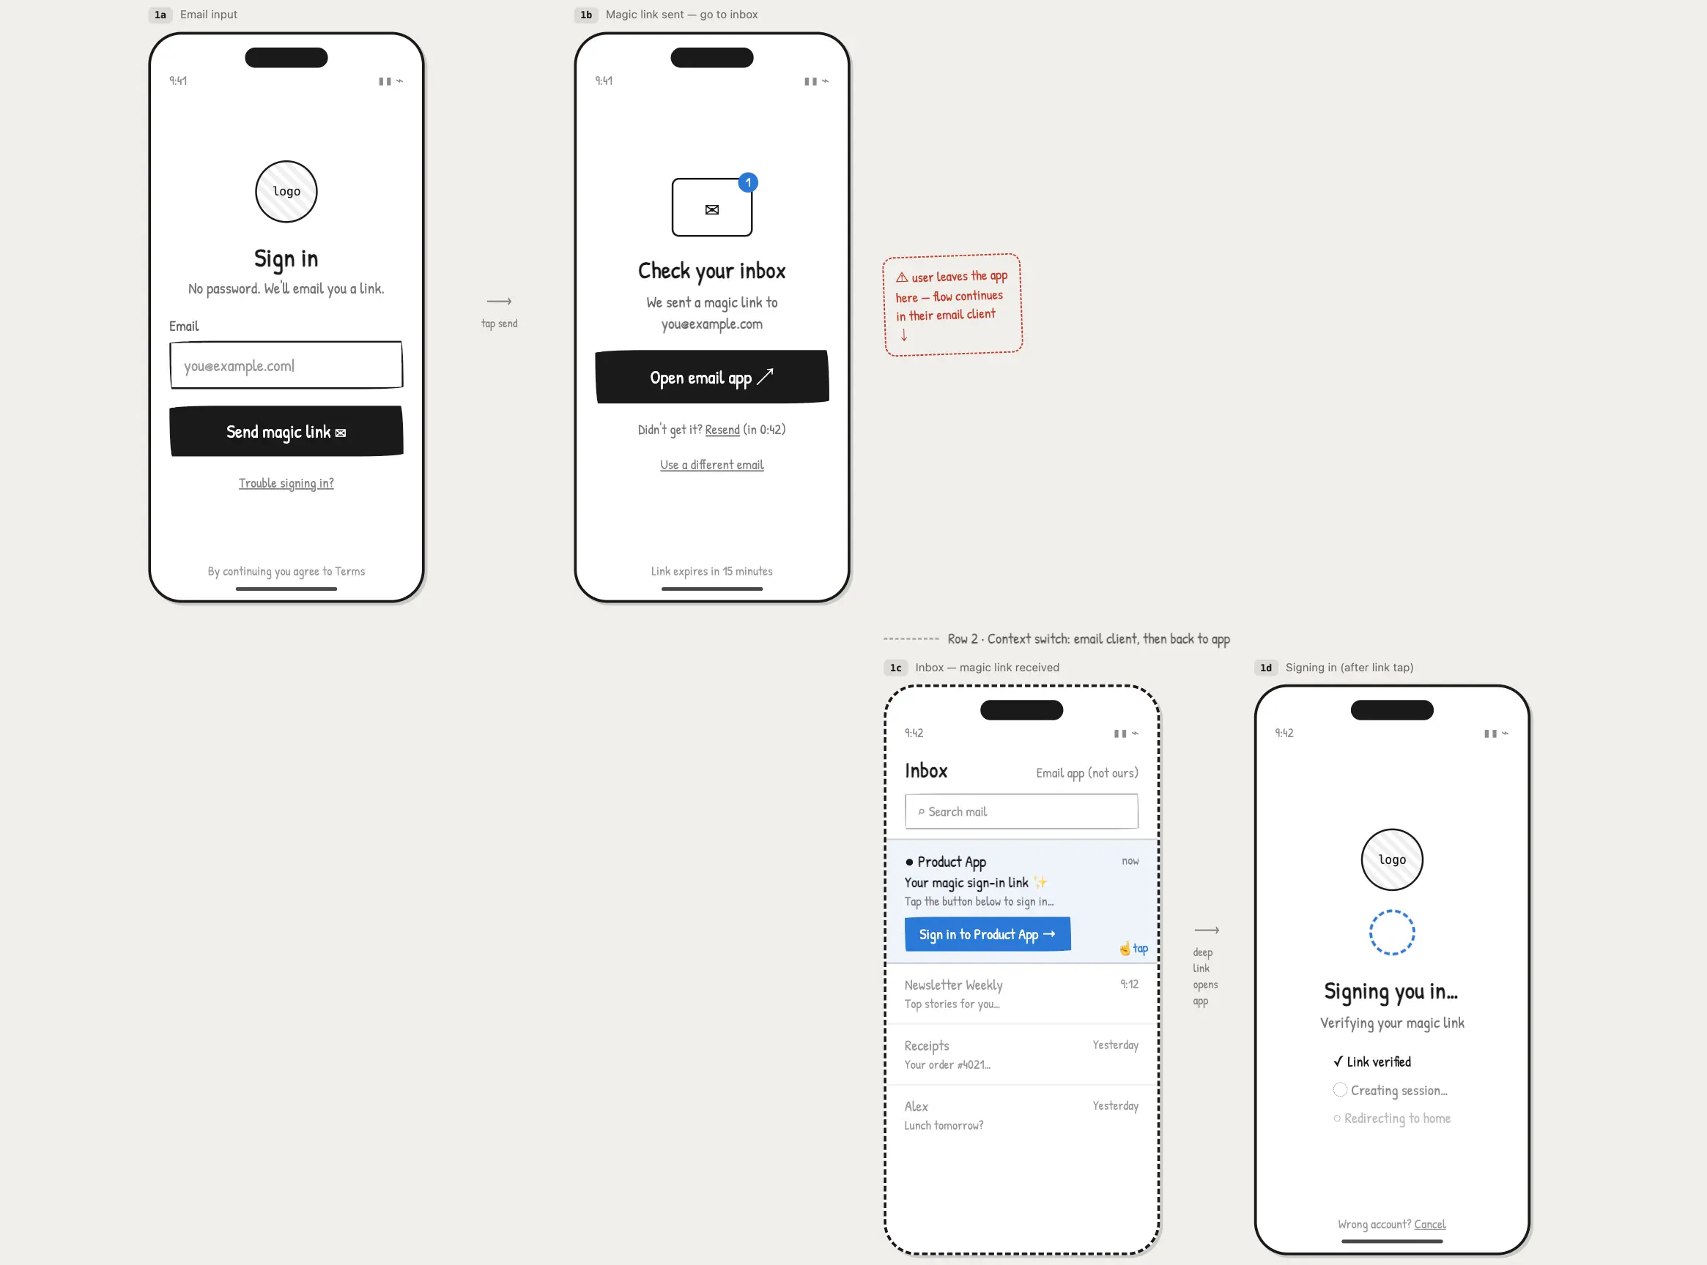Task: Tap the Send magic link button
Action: point(286,431)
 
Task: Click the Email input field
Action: point(286,365)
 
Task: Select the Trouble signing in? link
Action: point(286,483)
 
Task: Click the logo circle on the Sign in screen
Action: point(286,192)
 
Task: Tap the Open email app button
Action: point(712,377)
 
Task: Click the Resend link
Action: point(722,430)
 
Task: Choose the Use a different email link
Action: point(712,465)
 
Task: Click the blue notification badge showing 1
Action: point(748,182)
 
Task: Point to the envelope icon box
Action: point(712,207)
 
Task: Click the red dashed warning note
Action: point(952,305)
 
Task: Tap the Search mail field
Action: point(1021,812)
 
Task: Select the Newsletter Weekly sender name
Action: point(953,985)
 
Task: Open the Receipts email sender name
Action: point(926,1046)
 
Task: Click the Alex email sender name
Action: point(916,1106)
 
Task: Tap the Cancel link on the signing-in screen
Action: point(1429,1225)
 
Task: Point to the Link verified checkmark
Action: point(1338,1061)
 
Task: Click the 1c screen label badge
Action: point(895,668)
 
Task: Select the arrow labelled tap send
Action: point(499,301)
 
